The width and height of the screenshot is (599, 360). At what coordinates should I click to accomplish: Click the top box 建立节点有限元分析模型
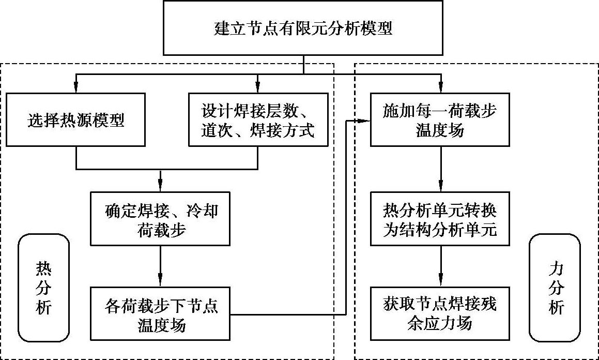(303, 28)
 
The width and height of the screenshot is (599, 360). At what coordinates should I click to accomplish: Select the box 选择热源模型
(76, 121)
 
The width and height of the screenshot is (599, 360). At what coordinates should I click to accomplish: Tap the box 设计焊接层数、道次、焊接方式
(257, 121)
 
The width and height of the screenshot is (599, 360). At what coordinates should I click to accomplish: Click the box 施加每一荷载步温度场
(440, 121)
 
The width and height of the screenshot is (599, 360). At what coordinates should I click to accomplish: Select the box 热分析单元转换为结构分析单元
(440, 219)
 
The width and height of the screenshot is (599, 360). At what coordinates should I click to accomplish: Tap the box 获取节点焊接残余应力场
(440, 314)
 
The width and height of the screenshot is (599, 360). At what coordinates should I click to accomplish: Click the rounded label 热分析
(44, 288)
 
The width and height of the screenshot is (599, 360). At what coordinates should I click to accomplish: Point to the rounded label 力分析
(556, 288)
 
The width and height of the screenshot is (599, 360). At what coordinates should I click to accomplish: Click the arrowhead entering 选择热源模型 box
(76, 88)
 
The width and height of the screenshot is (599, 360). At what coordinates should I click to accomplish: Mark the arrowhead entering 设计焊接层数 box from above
(257, 88)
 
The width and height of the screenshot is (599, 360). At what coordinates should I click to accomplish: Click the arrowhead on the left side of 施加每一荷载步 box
(365, 121)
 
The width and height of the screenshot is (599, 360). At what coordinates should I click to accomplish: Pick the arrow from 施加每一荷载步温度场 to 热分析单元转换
(440, 170)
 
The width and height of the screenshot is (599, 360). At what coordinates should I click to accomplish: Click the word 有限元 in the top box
(303, 28)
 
